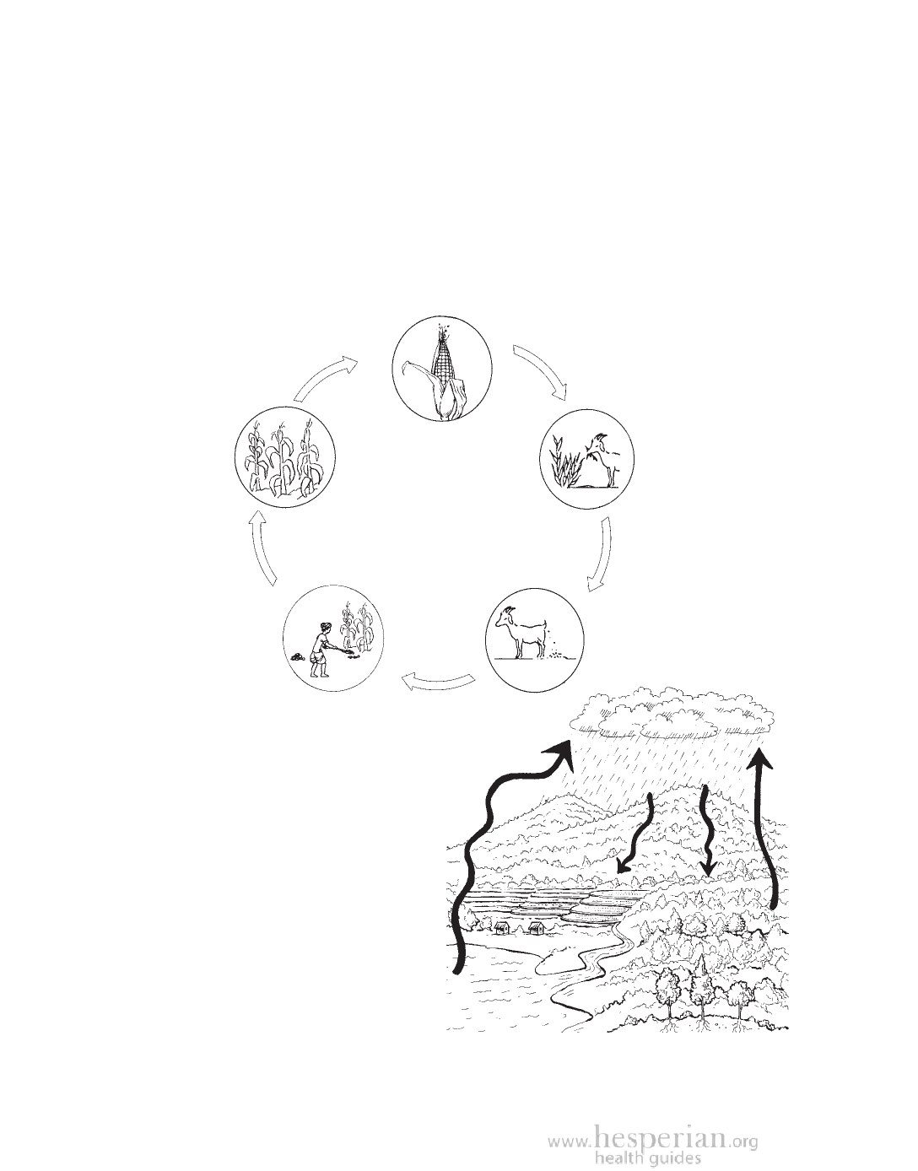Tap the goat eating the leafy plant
point(602,458)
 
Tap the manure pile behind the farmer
point(297,657)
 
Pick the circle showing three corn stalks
point(285,456)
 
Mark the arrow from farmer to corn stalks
point(261,547)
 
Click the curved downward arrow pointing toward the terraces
point(639,833)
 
